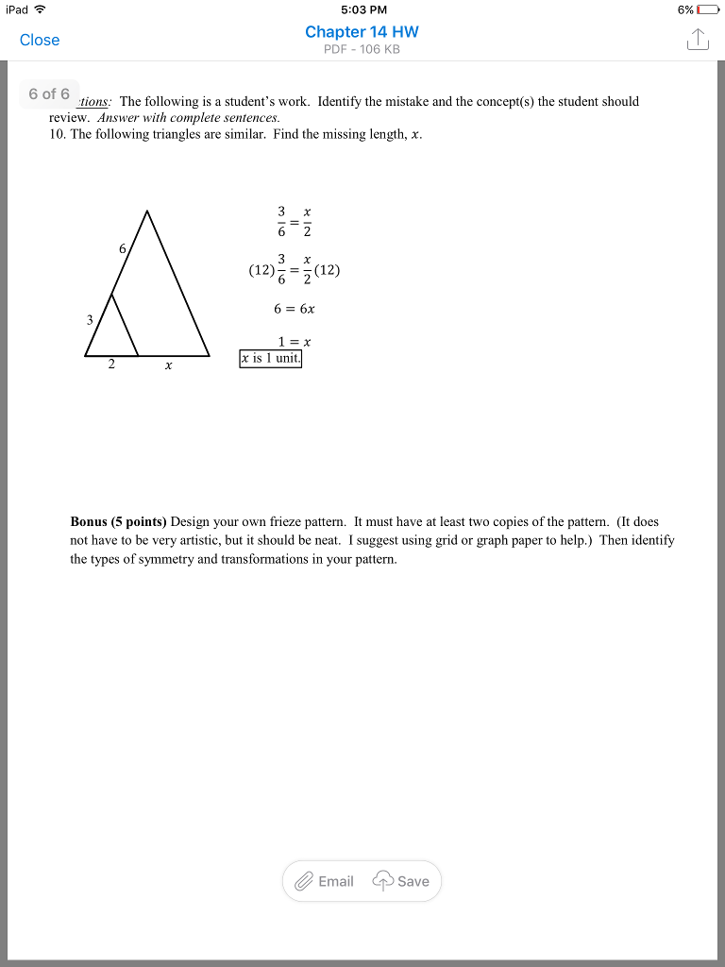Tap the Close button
click(40, 40)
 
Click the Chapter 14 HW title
click(362, 31)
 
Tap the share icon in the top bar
click(697, 40)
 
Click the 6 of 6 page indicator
click(49, 93)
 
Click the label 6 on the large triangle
click(122, 248)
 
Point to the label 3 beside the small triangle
click(90, 320)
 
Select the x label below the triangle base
click(168, 367)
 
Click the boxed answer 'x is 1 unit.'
click(271, 359)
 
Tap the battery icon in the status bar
click(708, 9)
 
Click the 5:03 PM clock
click(362, 9)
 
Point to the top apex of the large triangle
click(147, 211)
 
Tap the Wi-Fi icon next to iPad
click(40, 9)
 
